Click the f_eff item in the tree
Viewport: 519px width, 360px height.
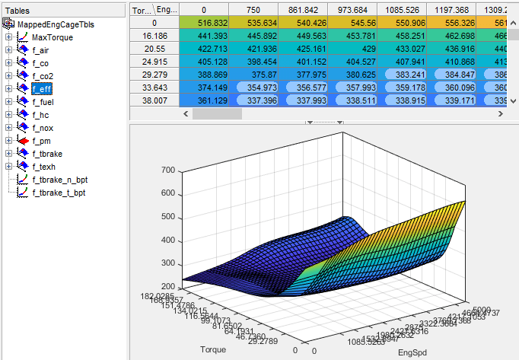(43, 89)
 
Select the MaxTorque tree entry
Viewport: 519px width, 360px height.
(53, 37)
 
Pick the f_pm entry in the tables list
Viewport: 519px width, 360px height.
(42, 141)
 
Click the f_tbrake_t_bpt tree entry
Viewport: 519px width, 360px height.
(58, 193)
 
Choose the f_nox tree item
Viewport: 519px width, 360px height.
(43, 128)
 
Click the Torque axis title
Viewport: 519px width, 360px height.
(212, 350)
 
